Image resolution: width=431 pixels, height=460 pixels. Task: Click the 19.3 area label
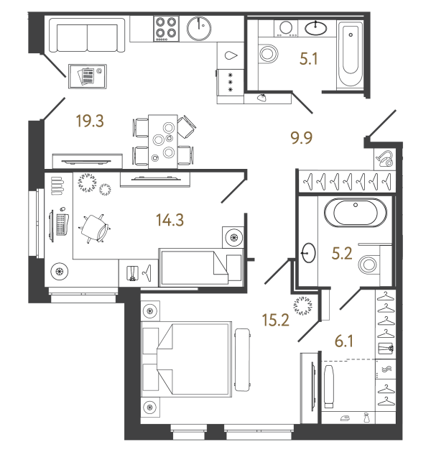(90, 121)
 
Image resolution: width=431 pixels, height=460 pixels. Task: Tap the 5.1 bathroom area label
(309, 61)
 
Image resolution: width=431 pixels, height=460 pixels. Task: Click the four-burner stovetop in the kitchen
(166, 29)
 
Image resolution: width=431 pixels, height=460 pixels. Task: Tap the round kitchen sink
(198, 29)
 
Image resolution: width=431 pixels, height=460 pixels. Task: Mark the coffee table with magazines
(86, 75)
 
